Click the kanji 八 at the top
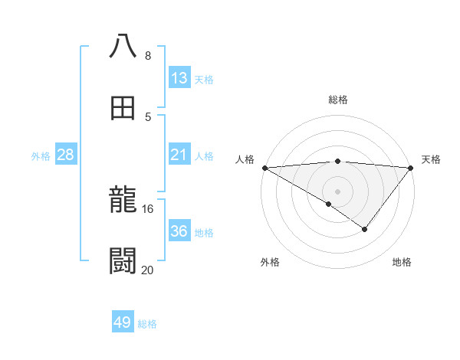tap(123, 45)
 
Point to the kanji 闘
tap(123, 261)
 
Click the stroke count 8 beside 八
tap(148, 56)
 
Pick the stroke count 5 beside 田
tap(148, 116)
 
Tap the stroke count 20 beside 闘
tap(148, 270)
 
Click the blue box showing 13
tap(179, 78)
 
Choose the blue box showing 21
tap(179, 155)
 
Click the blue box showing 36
tap(179, 231)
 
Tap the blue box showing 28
tap(66, 155)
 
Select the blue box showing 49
tap(123, 322)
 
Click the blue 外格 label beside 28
tap(41, 156)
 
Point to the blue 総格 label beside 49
tap(147, 324)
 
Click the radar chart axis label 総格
tap(337, 100)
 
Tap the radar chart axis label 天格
tap(431, 159)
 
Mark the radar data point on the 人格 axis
tap(264, 168)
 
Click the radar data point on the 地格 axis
tap(365, 229)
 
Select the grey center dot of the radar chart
tap(337, 191)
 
